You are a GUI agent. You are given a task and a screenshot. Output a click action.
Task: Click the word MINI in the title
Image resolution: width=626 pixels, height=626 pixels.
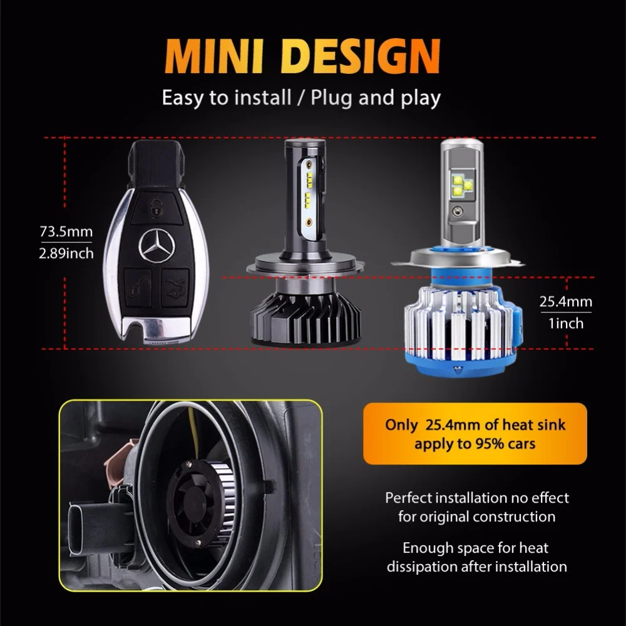point(213,57)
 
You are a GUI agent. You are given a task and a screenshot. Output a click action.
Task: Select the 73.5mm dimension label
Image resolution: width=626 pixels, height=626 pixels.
point(66,232)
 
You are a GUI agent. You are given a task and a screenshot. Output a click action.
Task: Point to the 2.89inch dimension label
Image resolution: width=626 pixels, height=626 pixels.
point(66,253)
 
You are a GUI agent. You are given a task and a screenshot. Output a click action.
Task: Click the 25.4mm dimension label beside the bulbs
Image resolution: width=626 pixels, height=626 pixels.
point(565,302)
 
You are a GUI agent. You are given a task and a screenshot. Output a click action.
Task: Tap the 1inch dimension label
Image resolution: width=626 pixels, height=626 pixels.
point(565,323)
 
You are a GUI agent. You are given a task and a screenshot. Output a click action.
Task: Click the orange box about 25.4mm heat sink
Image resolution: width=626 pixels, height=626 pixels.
point(475,434)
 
